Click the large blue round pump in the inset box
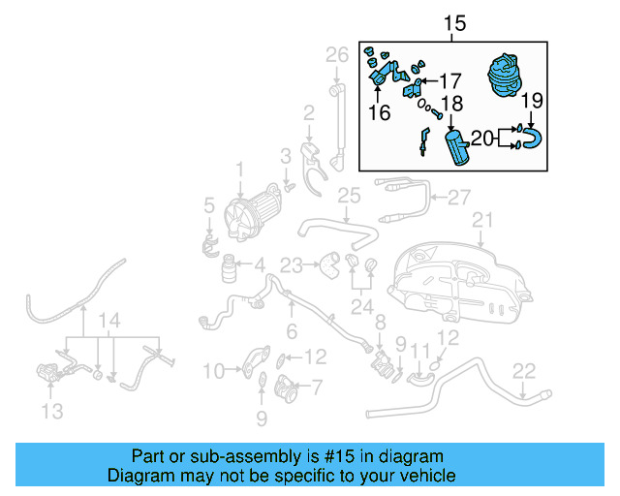point(506,76)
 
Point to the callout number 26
point(336,54)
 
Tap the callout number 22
point(523,370)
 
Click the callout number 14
point(110,319)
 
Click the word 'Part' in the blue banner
point(149,456)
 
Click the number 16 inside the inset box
point(379,113)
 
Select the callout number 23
point(292,263)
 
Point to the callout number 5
point(208,204)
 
